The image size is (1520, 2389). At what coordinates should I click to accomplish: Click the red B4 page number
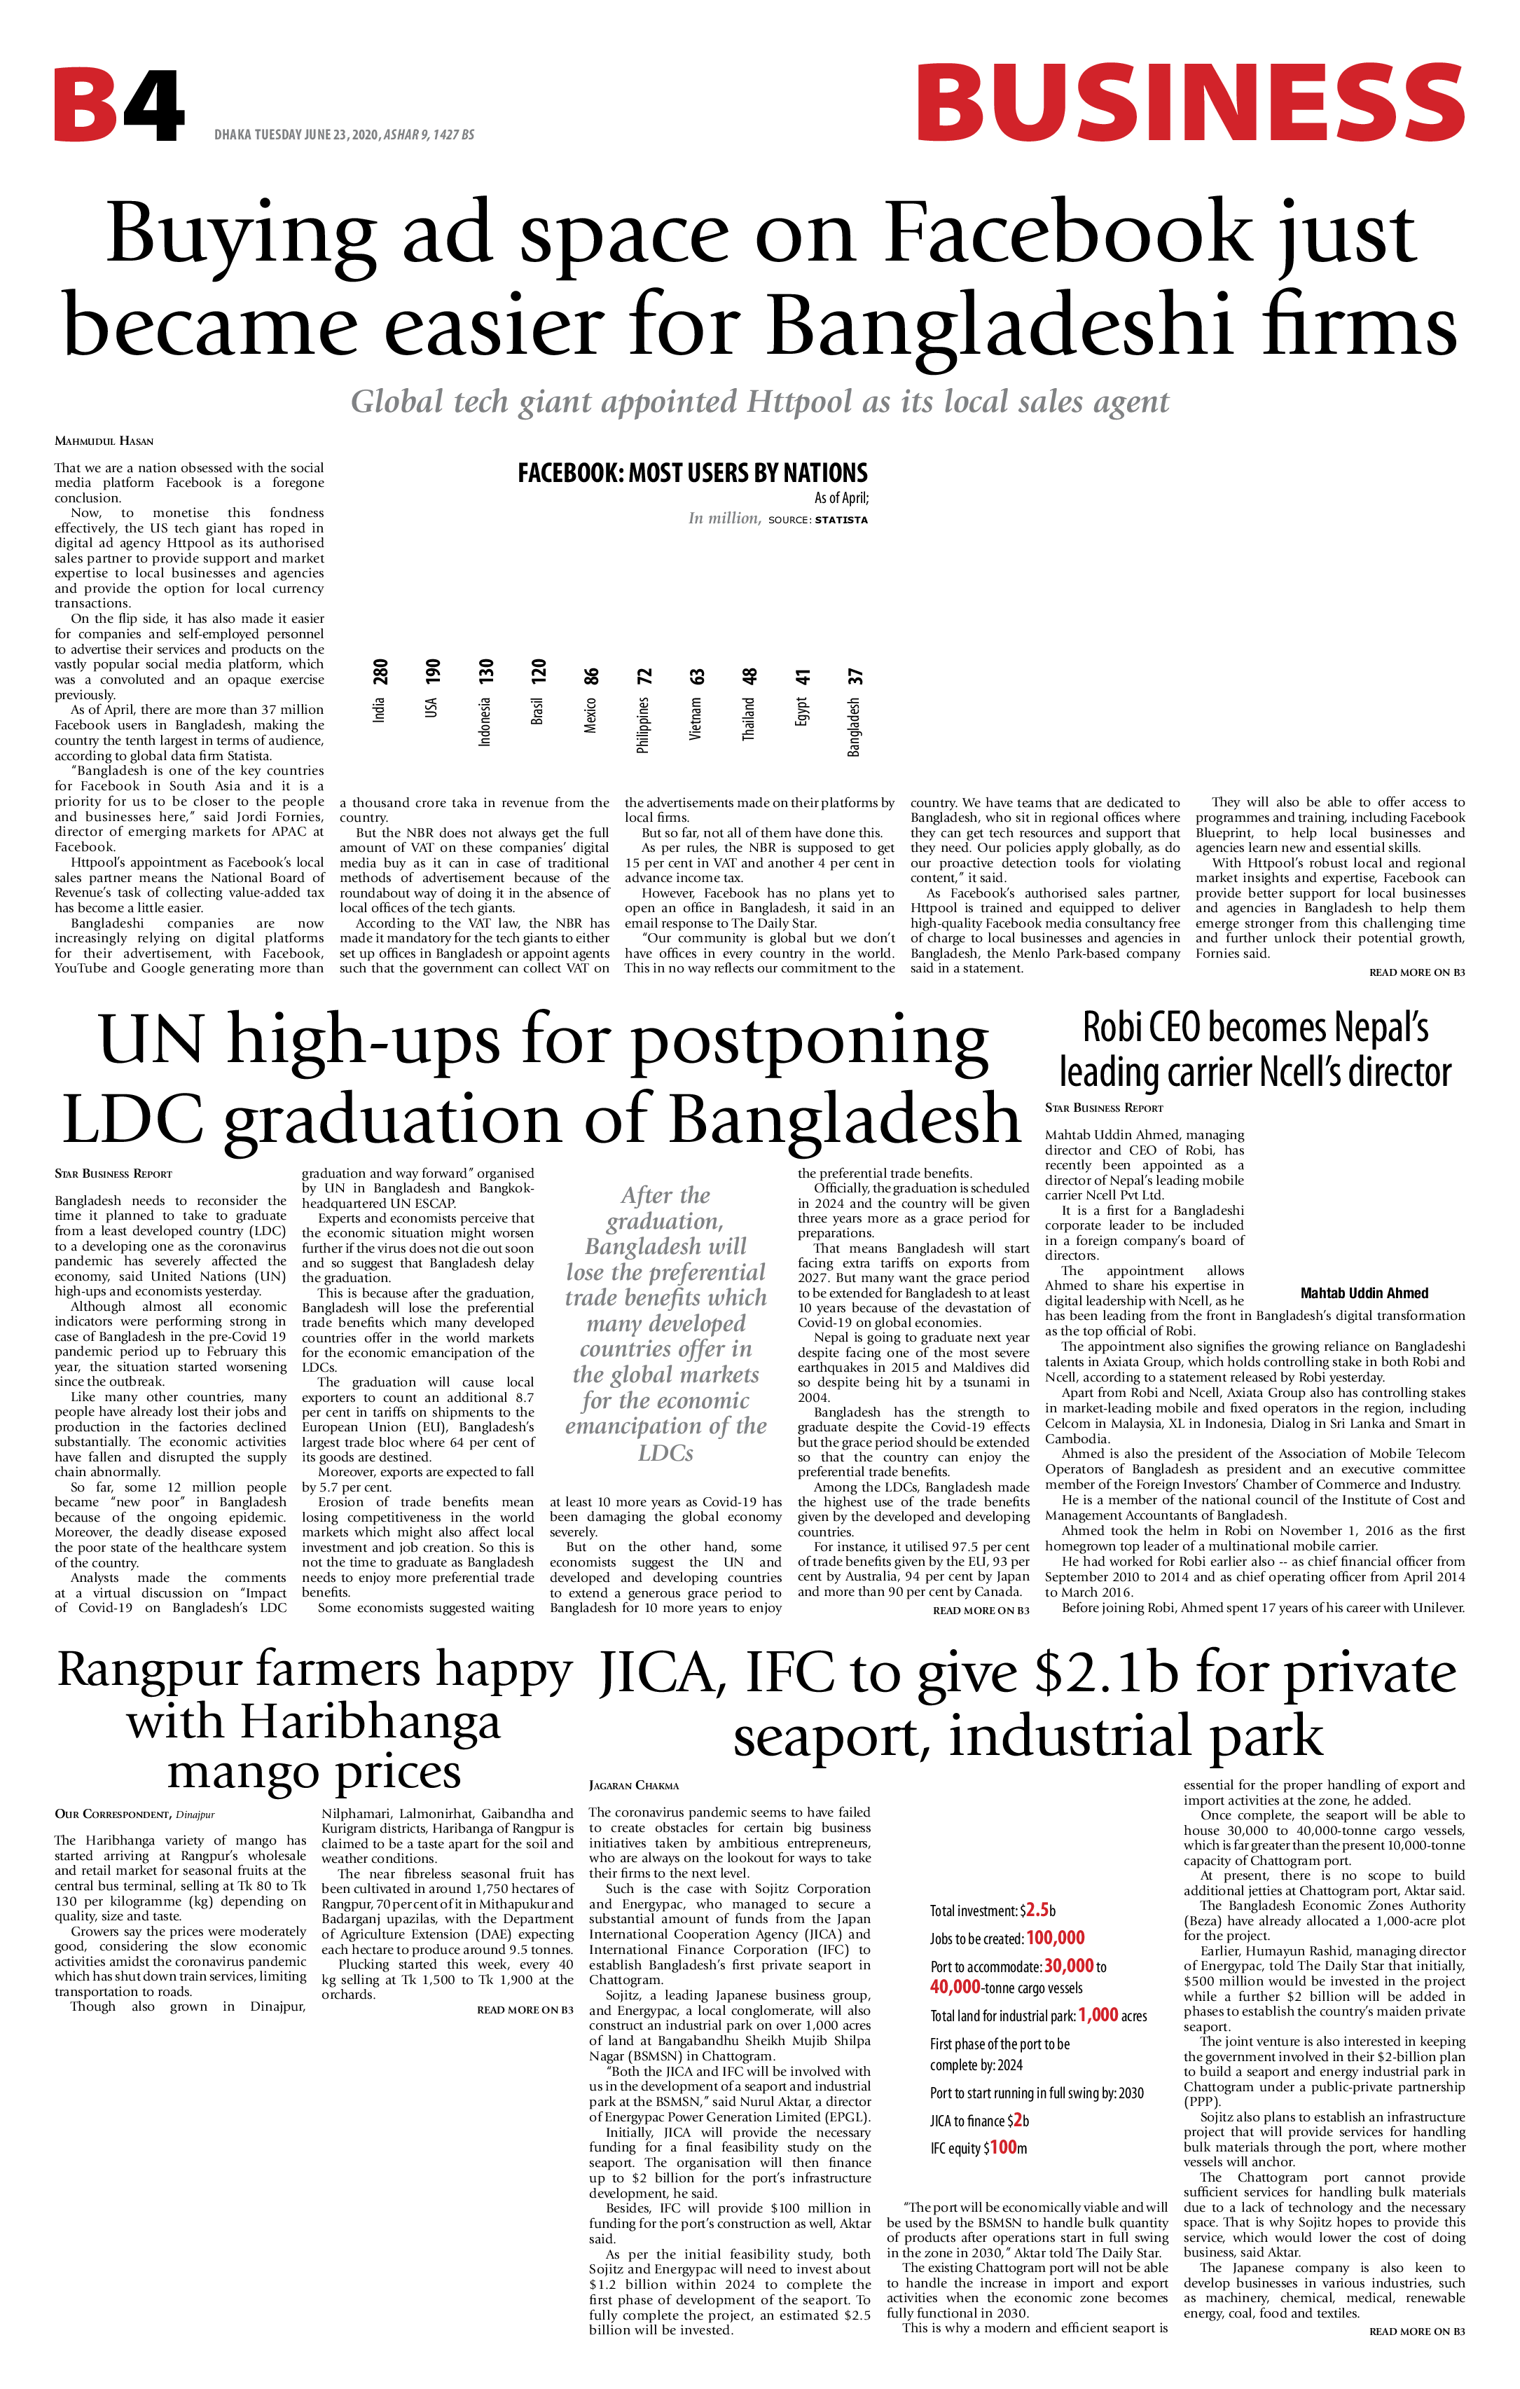(118, 105)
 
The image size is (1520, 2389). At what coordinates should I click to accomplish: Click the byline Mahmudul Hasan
(104, 441)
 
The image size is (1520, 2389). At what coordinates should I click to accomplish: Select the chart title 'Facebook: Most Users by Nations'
(693, 473)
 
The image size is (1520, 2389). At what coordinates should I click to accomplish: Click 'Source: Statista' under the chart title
(817, 520)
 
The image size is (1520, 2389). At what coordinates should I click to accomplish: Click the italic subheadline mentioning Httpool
(760, 402)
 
